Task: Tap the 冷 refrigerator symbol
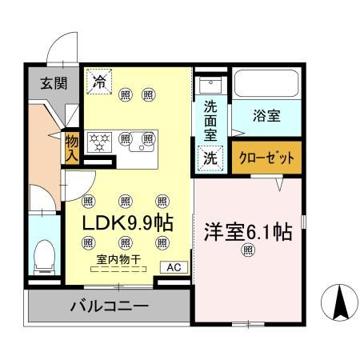pyautogui.click(x=100, y=80)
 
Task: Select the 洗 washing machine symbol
pyautogui.click(x=209, y=158)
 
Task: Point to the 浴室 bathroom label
pyautogui.click(x=267, y=117)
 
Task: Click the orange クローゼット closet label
pyautogui.click(x=267, y=158)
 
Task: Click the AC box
pyautogui.click(x=174, y=268)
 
